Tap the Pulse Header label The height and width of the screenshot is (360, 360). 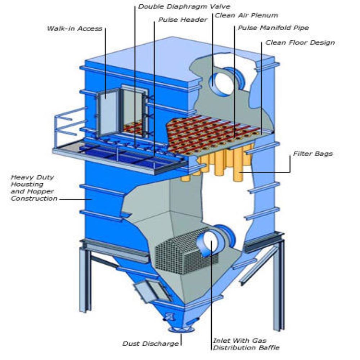click(x=183, y=20)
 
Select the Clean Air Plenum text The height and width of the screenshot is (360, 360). click(x=246, y=15)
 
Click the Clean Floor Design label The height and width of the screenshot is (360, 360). click(x=300, y=42)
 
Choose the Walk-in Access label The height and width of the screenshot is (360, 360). click(x=74, y=28)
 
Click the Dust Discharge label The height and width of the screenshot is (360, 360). click(x=150, y=343)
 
